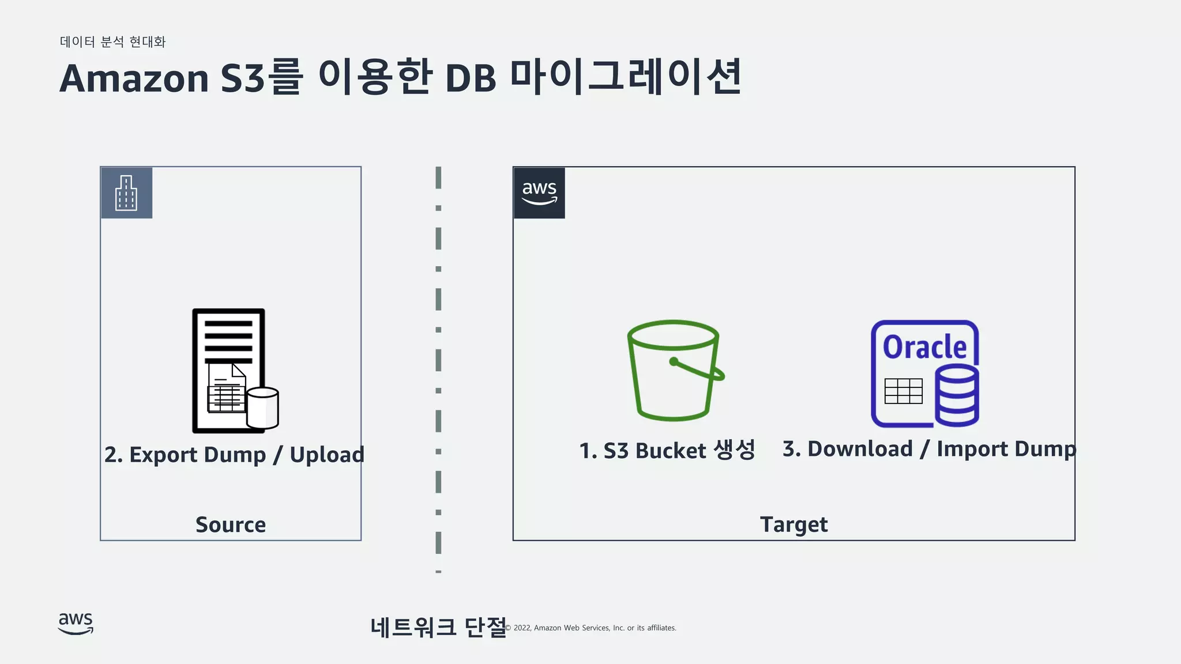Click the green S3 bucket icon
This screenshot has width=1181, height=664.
[674, 371]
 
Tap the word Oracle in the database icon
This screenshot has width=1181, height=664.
[924, 347]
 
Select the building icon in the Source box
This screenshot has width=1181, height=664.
[126, 193]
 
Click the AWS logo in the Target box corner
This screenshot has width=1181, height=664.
[539, 193]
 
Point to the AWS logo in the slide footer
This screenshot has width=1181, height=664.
[76, 624]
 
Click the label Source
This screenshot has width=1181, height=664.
[231, 525]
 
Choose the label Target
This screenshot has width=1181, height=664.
[793, 525]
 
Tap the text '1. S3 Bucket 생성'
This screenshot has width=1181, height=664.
[667, 450]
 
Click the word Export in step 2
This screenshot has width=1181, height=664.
[163, 455]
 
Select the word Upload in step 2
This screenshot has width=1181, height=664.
[326, 455]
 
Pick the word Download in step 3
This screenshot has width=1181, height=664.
[860, 449]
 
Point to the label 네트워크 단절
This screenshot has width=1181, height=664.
[438, 627]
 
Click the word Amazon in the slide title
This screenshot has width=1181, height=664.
[134, 78]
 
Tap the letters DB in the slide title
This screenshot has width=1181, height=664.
[471, 78]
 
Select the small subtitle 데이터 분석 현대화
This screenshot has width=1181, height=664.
[113, 41]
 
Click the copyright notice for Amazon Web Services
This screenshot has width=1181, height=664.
[591, 628]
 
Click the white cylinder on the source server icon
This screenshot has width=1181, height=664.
[263, 408]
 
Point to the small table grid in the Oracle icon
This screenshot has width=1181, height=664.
[903, 391]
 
